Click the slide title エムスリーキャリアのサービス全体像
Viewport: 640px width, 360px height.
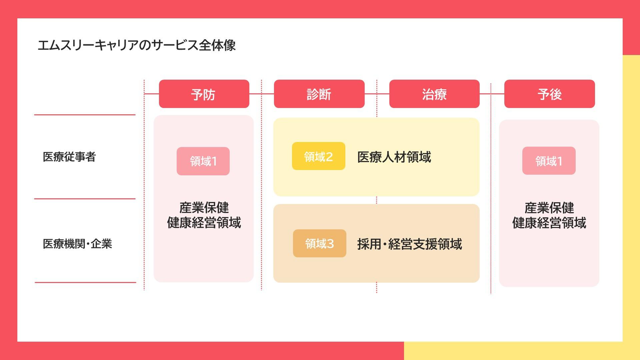[x=136, y=45]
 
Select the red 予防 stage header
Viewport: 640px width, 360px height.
[x=204, y=94]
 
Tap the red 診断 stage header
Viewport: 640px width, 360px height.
[x=319, y=94]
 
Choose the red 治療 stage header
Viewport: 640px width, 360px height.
[x=434, y=94]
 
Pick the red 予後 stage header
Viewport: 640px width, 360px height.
[x=549, y=94]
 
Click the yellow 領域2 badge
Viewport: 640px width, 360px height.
[x=318, y=156]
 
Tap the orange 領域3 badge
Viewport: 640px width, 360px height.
[x=319, y=244]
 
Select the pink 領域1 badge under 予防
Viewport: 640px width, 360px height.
[x=203, y=161]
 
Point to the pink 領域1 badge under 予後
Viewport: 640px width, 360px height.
[x=548, y=161]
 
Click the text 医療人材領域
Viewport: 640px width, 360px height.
[x=394, y=157]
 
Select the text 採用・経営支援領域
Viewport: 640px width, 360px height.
[x=409, y=244]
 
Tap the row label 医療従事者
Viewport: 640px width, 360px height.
[x=69, y=157]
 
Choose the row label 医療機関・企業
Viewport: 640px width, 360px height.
[x=77, y=244]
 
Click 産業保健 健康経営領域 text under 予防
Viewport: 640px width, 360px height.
[x=204, y=215]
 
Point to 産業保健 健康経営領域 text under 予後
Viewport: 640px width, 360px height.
[x=549, y=215]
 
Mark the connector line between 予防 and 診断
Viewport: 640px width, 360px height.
[x=261, y=94]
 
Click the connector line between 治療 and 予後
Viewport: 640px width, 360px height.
[x=492, y=94]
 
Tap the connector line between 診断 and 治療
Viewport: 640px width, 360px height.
[x=376, y=94]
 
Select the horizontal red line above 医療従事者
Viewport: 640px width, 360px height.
[x=84, y=115]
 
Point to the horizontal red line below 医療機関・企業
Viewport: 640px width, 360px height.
[x=85, y=282]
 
